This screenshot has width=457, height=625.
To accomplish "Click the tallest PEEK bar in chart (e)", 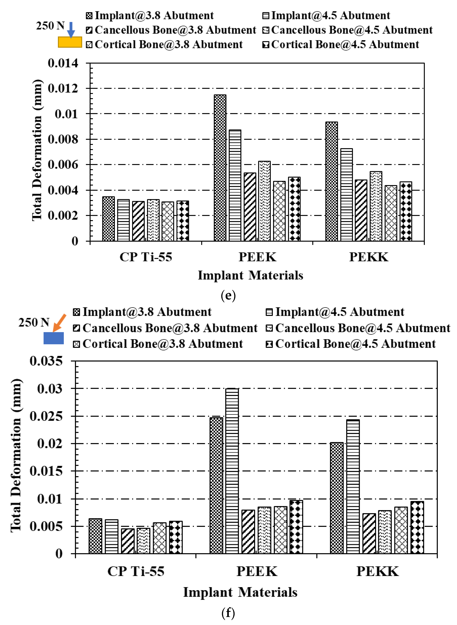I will [x=220, y=168].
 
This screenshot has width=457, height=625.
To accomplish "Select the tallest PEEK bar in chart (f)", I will [x=232, y=471].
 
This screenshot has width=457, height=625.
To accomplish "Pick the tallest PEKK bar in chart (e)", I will [x=331, y=181].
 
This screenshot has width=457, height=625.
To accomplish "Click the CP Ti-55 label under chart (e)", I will [x=146, y=257].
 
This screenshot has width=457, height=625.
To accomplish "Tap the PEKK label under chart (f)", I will [x=378, y=571].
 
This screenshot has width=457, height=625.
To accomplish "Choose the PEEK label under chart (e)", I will [x=257, y=257].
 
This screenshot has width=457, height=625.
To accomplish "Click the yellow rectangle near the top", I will [x=70, y=42].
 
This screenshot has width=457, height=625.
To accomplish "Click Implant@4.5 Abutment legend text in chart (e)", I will [x=331, y=16].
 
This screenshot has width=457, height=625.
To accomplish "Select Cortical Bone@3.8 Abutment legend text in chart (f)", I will [x=163, y=344].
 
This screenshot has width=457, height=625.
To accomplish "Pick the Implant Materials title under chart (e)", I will [x=250, y=276].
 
